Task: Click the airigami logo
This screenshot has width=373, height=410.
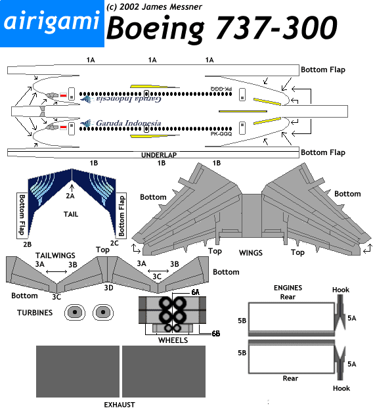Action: [x=52, y=24]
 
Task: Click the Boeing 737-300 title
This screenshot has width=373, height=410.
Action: [x=222, y=28]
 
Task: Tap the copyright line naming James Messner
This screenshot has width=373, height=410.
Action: [x=154, y=7]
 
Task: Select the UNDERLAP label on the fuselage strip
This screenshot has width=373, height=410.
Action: [x=159, y=155]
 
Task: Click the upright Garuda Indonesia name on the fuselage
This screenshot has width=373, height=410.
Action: [x=128, y=123]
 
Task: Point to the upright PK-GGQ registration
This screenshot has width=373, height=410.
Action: [x=221, y=134]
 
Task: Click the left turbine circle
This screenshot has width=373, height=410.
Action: [x=75, y=312]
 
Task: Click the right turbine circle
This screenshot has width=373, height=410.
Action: [x=103, y=312]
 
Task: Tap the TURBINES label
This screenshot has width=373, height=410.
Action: [x=35, y=313]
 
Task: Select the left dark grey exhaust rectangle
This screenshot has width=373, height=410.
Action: [x=77, y=372]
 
